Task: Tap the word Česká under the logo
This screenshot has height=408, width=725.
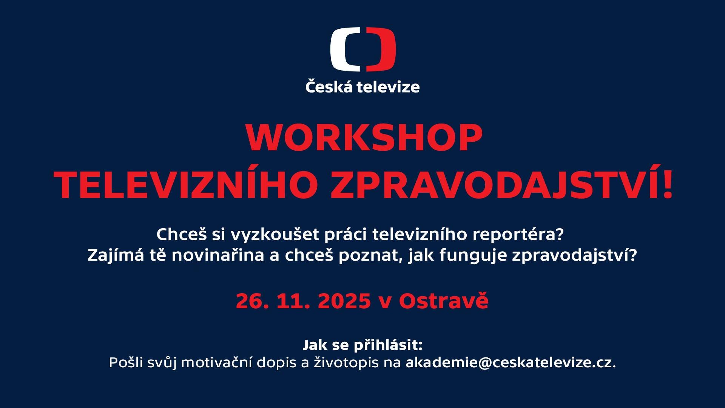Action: coord(329,87)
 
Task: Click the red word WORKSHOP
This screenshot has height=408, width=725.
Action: coord(364,138)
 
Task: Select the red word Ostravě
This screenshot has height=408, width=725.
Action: coord(444,301)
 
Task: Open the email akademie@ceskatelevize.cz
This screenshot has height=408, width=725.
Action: coord(509,363)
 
